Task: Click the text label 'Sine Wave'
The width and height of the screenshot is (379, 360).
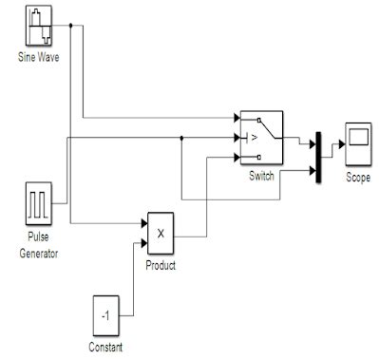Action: coord(38,58)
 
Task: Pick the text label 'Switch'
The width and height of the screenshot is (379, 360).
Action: coord(261,177)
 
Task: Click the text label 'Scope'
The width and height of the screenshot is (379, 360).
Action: coord(358,177)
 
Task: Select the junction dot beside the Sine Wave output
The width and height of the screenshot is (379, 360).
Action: coord(71,26)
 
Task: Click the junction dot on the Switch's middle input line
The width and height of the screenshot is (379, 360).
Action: coord(181,138)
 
